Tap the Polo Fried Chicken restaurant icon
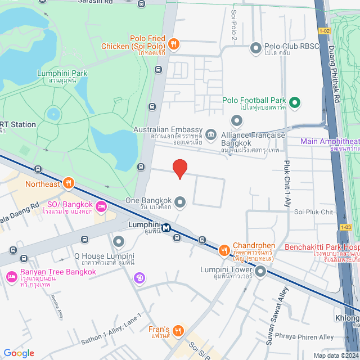[174, 43]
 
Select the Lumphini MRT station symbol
[166, 228]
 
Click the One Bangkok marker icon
[180, 201]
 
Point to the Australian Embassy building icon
[211, 134]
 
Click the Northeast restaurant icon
[69, 182]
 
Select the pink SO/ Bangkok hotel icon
[102, 206]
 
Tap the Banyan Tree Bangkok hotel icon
[11, 277]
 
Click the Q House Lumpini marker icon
[119, 242]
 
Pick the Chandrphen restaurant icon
[223, 250]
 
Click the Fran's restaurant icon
[178, 330]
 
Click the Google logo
[19, 353]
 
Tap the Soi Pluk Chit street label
[318, 211]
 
